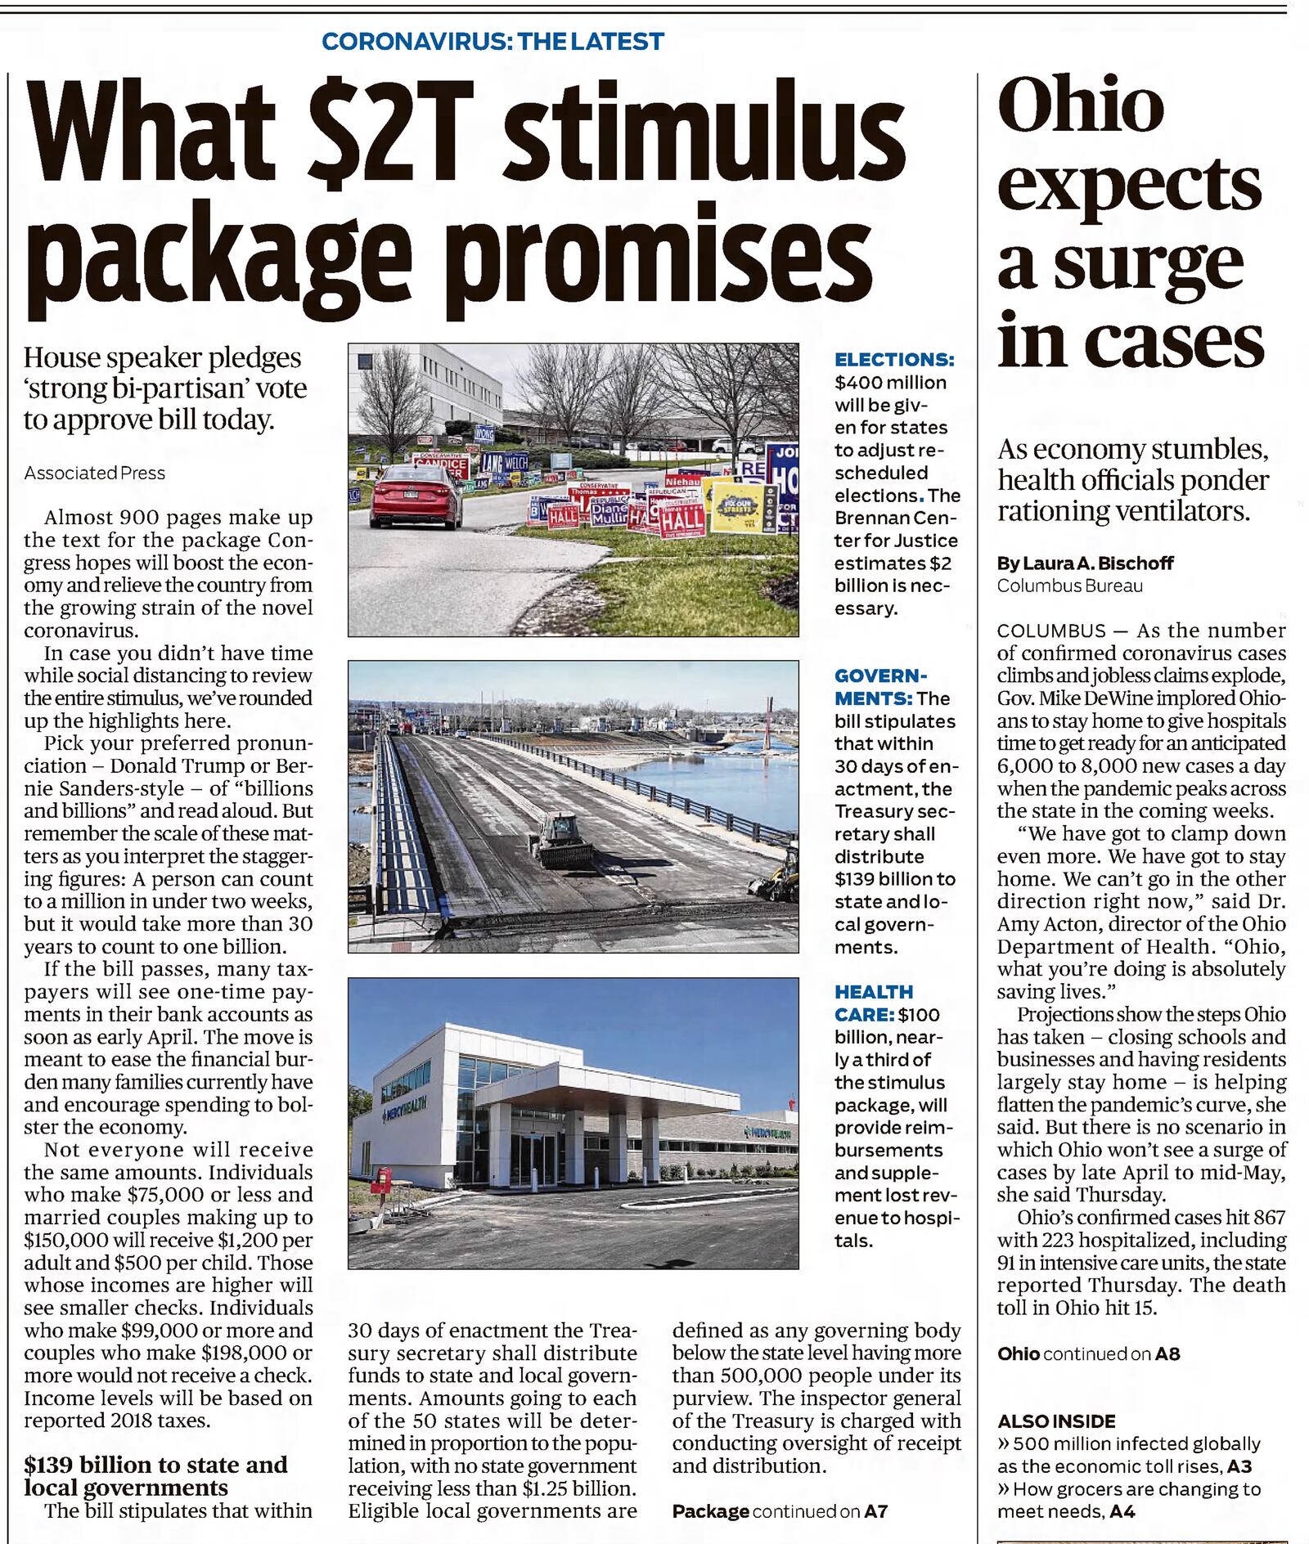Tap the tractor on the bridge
[x=561, y=841]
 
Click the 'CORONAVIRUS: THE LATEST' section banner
[x=493, y=41]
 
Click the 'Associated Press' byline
[x=95, y=473]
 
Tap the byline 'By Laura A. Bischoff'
[x=1085, y=563]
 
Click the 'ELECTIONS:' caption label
[x=893, y=360]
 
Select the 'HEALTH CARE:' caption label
[x=874, y=1003]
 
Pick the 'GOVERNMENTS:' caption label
[x=880, y=687]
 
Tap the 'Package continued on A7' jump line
[x=779, y=1511]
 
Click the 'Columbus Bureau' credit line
[x=1069, y=586]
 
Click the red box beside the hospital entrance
[x=380, y=1180]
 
